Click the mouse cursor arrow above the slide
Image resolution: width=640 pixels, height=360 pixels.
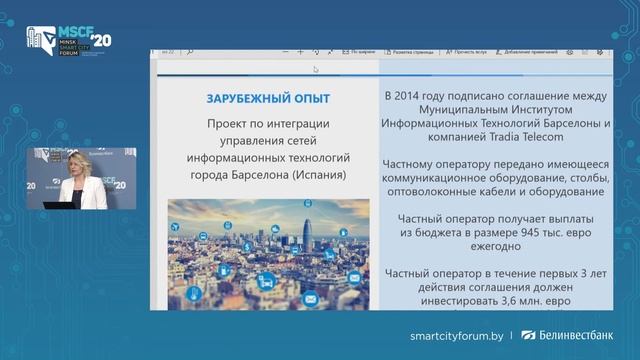coord(316,69)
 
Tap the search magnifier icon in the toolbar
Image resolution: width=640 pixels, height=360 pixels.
coord(190,50)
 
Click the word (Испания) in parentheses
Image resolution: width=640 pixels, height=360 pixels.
coord(319,174)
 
